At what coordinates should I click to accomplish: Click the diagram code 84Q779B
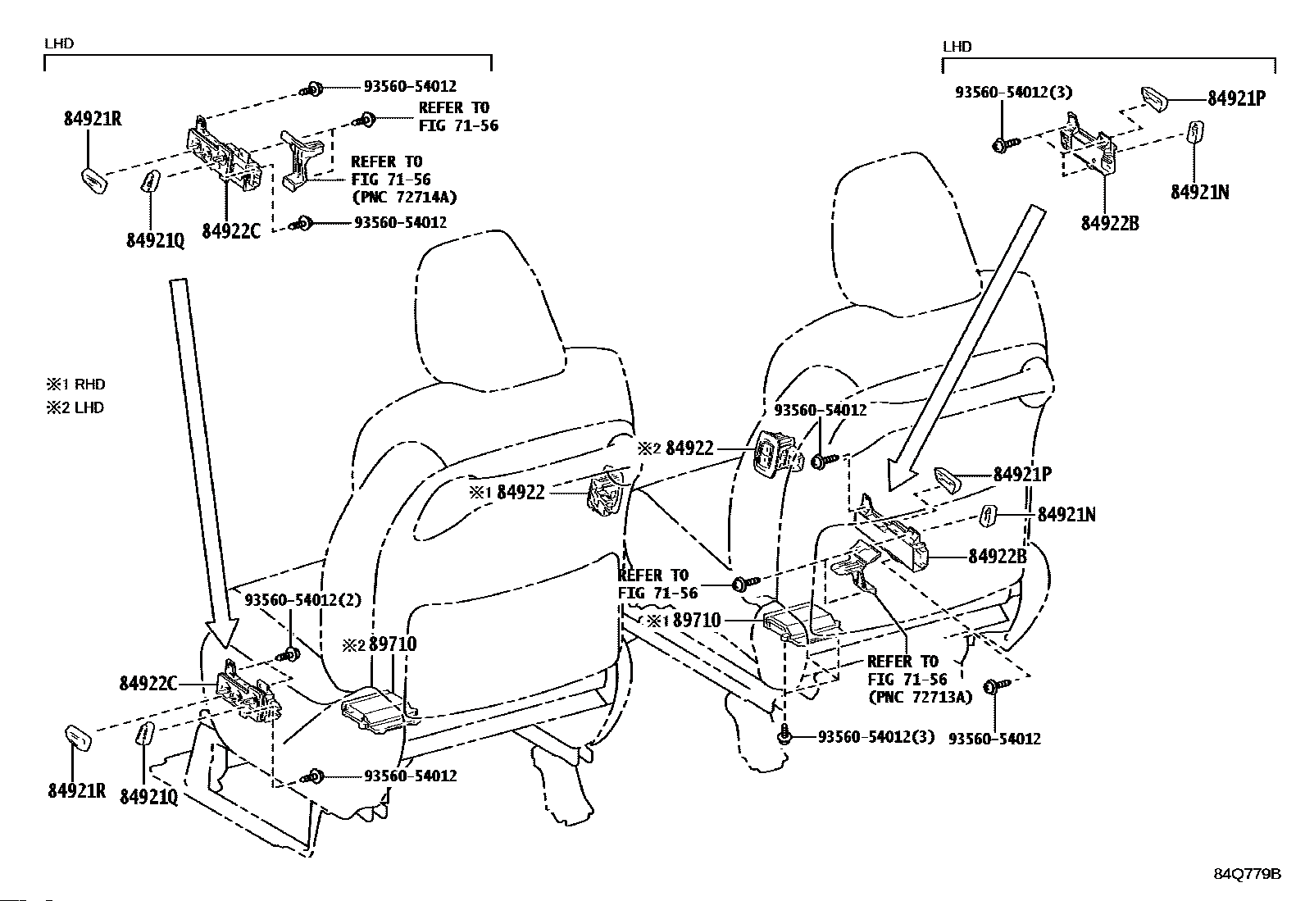pos(1247,874)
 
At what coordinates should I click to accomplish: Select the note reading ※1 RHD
pos(75,384)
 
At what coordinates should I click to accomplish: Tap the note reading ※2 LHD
pos(75,407)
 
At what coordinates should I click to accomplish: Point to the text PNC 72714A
pos(404,197)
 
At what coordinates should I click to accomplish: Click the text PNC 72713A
pos(920,697)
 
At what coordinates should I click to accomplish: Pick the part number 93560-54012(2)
pos(302,600)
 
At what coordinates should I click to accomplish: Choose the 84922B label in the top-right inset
pos(1109,223)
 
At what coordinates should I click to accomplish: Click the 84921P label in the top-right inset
pos(1236,98)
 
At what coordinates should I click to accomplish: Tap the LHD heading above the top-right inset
pos(957,47)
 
